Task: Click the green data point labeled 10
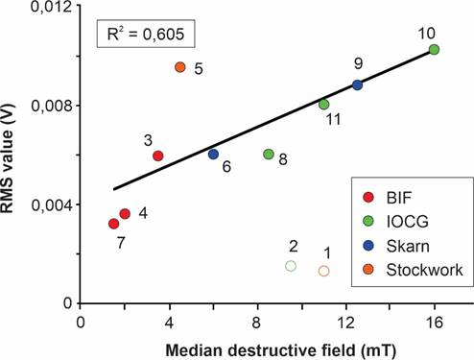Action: (434, 49)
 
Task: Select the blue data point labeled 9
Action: (357, 84)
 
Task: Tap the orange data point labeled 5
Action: (180, 67)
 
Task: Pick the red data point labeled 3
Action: (158, 156)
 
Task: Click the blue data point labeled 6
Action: (213, 154)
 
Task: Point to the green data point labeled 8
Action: (269, 154)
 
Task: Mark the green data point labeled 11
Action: (323, 104)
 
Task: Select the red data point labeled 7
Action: (114, 224)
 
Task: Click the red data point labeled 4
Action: (125, 213)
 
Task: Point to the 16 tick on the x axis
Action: (434, 314)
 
